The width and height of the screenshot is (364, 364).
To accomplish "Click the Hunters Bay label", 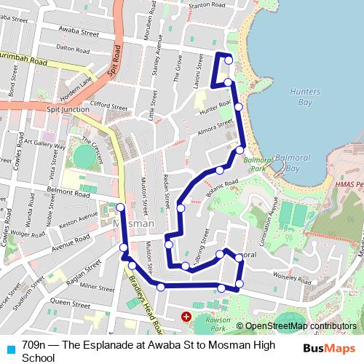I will (304, 98).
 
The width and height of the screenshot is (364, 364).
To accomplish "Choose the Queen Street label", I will (70, 301).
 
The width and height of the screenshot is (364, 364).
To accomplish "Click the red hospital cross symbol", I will (186, 317).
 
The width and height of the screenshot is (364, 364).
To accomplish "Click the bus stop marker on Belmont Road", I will (120, 207).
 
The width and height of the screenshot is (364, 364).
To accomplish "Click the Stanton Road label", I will (205, 5).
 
